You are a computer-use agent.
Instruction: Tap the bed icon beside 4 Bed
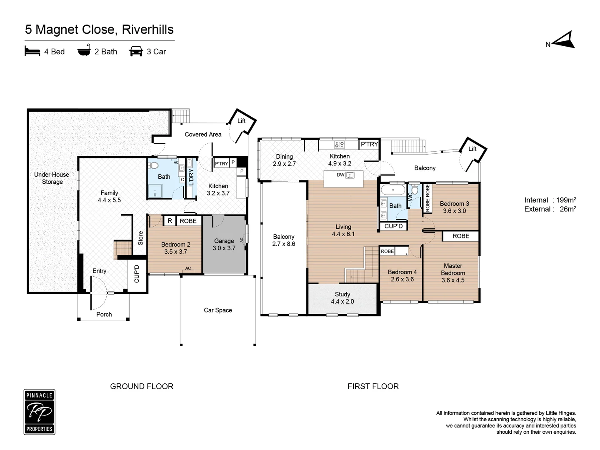point(32,52)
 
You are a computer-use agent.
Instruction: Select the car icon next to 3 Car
point(136,52)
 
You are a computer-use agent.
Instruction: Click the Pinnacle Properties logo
point(39,412)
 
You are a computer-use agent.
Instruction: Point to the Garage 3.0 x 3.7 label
point(224,245)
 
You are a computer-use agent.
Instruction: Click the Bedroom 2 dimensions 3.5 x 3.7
point(175,252)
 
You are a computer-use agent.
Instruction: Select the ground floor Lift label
point(241,121)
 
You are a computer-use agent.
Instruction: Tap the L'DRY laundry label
point(191,177)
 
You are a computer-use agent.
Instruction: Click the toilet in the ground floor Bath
point(153,165)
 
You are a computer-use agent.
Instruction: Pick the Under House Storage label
point(52,178)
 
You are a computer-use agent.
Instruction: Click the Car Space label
point(217,310)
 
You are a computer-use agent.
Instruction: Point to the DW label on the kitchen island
point(341,175)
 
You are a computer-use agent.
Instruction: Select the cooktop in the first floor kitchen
point(340,145)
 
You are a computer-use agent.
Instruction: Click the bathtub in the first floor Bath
point(392,190)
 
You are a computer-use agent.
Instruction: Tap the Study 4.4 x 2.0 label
point(342,298)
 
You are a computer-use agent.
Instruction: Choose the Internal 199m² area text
point(550,200)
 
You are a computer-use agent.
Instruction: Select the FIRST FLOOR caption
point(373,386)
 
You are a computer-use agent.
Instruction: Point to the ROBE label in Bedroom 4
point(387,251)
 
